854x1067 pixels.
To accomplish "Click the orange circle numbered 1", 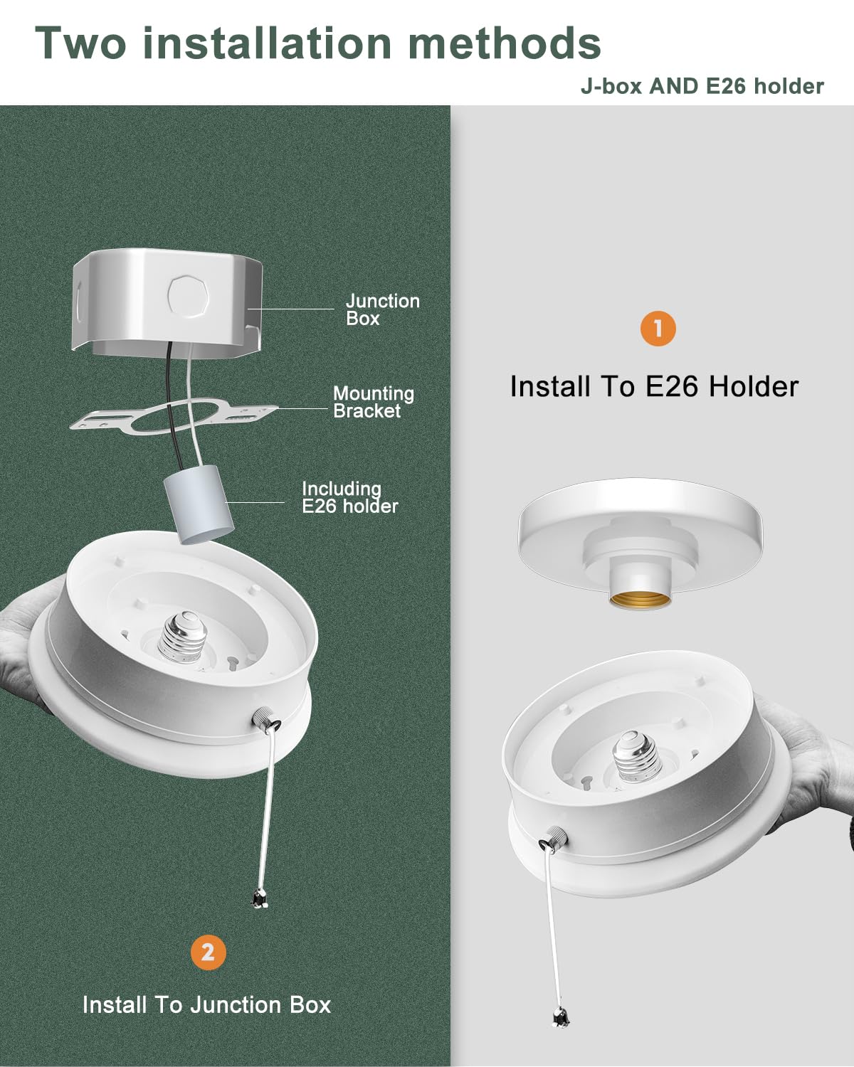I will click(658, 329).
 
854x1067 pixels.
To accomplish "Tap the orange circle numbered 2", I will click(208, 952).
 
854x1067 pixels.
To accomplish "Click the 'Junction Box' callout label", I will click(382, 309).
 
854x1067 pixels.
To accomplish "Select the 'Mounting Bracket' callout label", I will click(373, 402).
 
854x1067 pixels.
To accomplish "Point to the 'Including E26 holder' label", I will click(349, 497).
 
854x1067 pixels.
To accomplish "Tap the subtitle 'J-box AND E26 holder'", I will click(702, 86).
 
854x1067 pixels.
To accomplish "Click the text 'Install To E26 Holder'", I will click(654, 386).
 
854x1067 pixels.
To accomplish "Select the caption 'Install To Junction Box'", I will click(206, 1004).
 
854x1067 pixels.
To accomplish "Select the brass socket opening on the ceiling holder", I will click(640, 599).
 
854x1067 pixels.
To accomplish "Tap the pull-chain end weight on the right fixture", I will click(559, 1018).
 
